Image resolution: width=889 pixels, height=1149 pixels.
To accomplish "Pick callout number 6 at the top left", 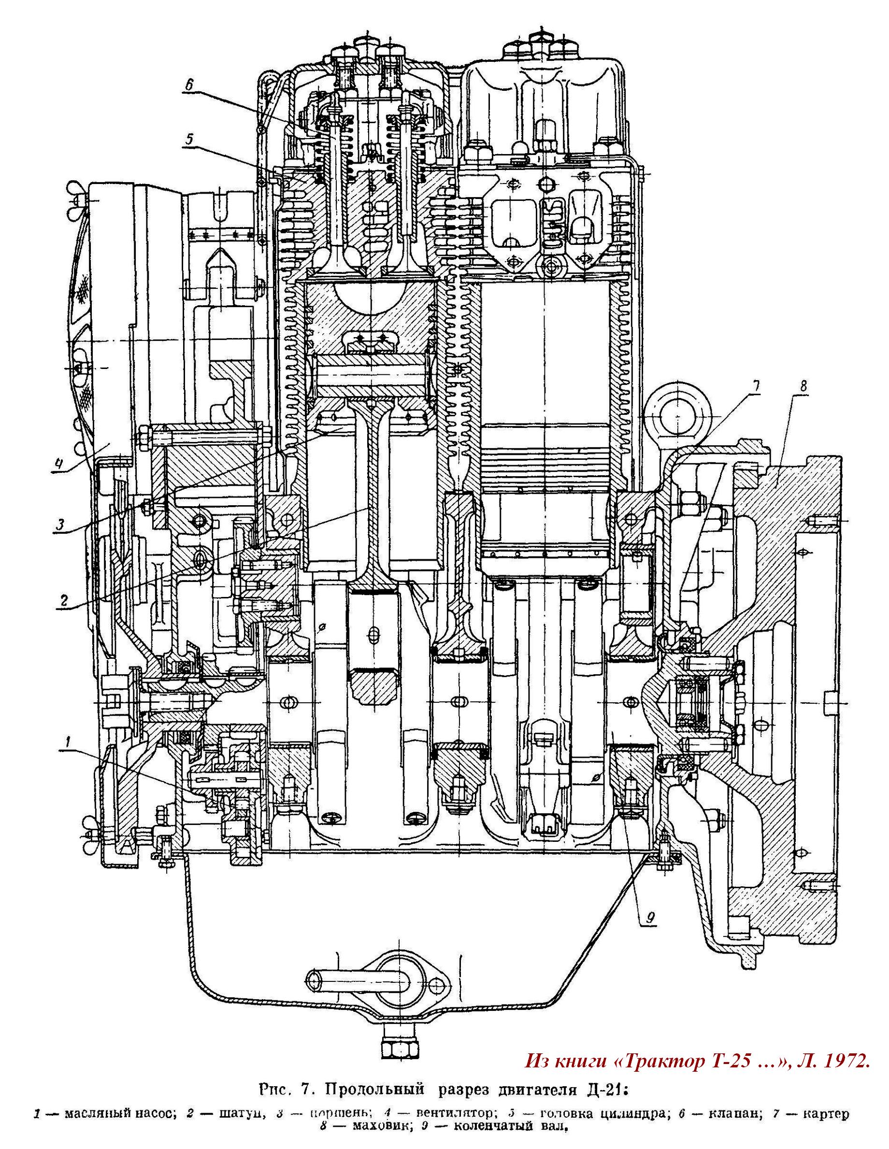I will (189, 84).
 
